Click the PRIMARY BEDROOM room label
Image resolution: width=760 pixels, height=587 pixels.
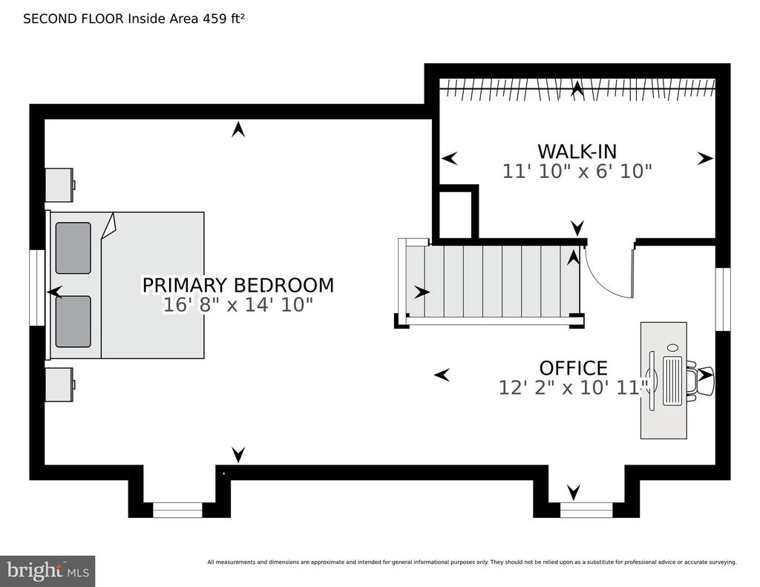pyautogui.click(x=238, y=285)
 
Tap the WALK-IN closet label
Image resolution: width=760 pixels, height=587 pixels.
pyautogui.click(x=577, y=151)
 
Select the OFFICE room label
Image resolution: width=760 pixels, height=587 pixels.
pyautogui.click(x=574, y=368)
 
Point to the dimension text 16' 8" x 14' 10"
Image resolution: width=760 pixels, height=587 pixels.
pyautogui.click(x=238, y=305)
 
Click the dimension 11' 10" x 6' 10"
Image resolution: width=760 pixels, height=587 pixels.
pyautogui.click(x=577, y=171)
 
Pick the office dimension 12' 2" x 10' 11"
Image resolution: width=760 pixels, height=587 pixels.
pyautogui.click(x=574, y=388)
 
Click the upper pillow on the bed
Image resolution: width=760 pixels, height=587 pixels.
pyautogui.click(x=73, y=248)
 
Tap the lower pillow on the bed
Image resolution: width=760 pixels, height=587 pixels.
pyautogui.click(x=73, y=322)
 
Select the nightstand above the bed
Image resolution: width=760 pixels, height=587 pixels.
pyautogui.click(x=60, y=185)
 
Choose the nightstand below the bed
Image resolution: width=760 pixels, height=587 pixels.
pyautogui.click(x=60, y=384)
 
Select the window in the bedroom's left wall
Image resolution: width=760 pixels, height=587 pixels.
pyautogui.click(x=37, y=287)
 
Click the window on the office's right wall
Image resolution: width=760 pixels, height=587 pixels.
pyautogui.click(x=723, y=299)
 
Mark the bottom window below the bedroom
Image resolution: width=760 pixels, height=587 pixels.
pyautogui.click(x=177, y=510)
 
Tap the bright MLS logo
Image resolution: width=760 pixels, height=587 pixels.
pyautogui.click(x=47, y=571)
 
